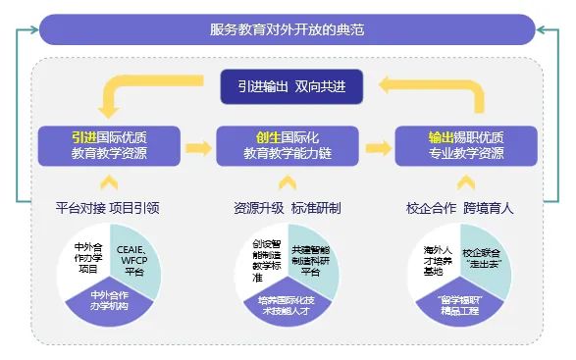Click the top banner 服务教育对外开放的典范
pyautogui.click(x=287, y=29)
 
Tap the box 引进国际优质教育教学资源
pyautogui.click(x=110, y=145)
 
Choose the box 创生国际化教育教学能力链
pyautogui.click(x=288, y=145)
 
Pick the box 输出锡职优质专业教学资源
pyautogui.click(x=465, y=145)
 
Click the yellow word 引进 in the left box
pyautogui.click(x=83, y=136)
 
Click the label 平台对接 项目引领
pyautogui.click(x=109, y=208)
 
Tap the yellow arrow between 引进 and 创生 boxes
pyautogui.click(x=198, y=148)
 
